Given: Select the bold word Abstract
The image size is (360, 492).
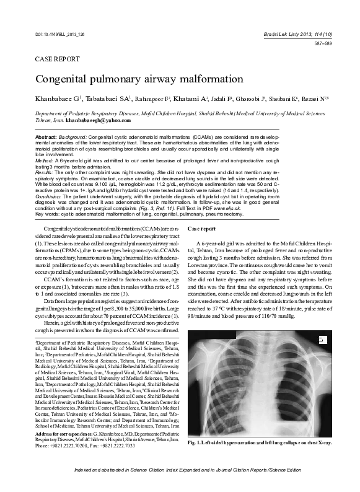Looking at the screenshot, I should click(46, 136).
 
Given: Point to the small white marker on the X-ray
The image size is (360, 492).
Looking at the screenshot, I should click(321, 340).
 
